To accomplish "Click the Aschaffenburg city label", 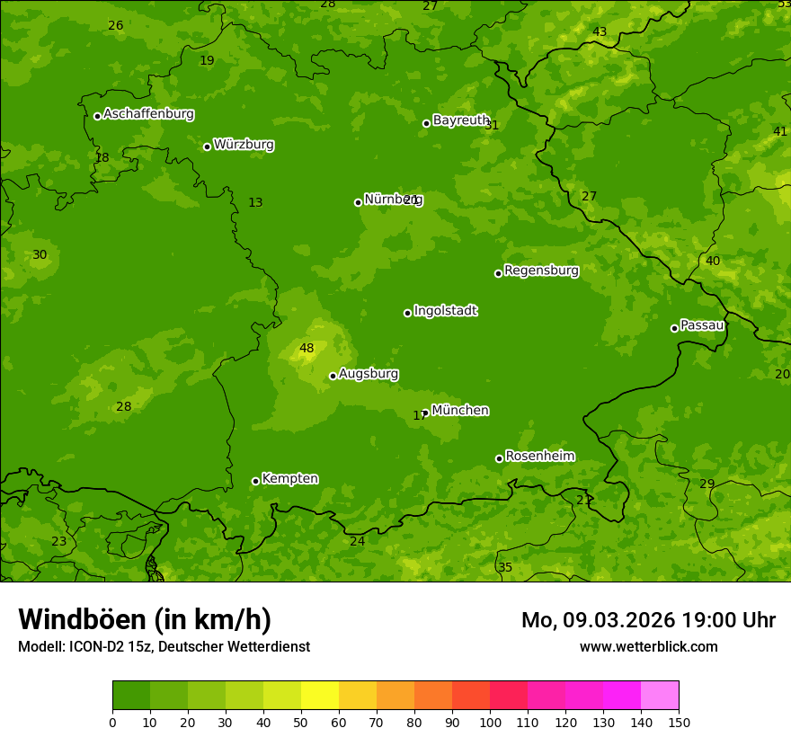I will coord(148,114).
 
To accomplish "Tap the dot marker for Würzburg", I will coord(207,147).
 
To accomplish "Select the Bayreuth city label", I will coord(460,120).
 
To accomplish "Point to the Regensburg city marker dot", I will coord(498,273).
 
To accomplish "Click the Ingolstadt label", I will coord(445,311).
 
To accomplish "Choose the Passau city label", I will coord(701,325).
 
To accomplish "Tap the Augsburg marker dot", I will coord(333,376).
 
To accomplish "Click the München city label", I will coord(459,411).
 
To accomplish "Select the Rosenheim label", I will coord(539,457).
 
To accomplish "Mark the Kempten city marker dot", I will coord(255,481).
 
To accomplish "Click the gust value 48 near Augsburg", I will coord(307,349).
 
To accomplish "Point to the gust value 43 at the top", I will coord(600,32).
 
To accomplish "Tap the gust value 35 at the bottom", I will coord(505,567).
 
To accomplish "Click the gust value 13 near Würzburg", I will coord(255,203).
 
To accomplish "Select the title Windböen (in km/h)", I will coord(145,619).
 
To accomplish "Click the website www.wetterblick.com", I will coord(648,646).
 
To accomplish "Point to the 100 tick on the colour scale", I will coord(490,722).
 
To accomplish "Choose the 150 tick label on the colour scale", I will coord(679,722).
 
